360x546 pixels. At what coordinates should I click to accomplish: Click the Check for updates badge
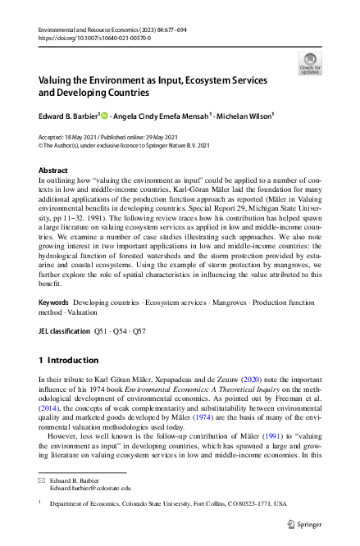point(309,63)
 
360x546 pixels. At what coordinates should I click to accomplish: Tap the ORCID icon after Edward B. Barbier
point(104,116)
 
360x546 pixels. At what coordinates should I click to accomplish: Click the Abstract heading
point(54,171)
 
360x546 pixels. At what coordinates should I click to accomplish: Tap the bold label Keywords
point(54,303)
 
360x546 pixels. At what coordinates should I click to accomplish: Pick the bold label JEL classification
point(65,331)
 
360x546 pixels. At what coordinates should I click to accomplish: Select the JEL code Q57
point(141,331)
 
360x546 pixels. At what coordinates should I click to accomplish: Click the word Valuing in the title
point(60,82)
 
